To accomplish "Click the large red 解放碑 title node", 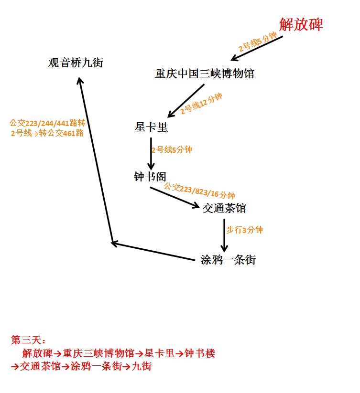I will pos(301,24).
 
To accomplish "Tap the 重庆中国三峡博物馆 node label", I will pos(205,74).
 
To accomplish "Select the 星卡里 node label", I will pos(152,127).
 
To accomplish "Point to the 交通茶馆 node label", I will pos(225,208).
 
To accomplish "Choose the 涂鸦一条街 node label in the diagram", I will pos(228,260).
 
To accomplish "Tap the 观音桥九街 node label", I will pos(76,63).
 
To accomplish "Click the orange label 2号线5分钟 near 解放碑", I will pos(258,42).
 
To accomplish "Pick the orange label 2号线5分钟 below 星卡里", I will pos(172,150).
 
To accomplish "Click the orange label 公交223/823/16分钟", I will pos(199,191).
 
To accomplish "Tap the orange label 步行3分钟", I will pos(244,230).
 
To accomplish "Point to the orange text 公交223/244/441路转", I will pos(47,123).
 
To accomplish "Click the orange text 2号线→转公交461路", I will pos(47,133).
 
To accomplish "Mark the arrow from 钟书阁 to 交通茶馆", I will pos(174,197).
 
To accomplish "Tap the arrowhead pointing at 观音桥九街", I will pos(80,82).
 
